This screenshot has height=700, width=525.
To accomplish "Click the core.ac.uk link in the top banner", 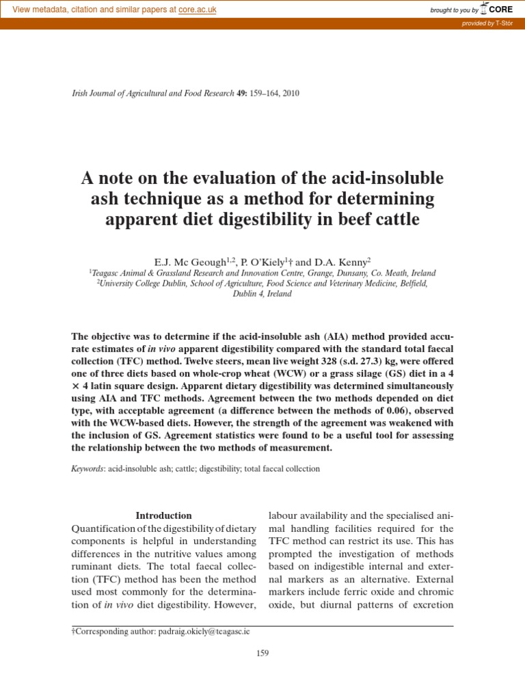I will [197, 10].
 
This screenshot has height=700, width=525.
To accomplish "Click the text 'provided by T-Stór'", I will [488, 24].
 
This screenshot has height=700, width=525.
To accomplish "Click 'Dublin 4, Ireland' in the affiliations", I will [262, 294].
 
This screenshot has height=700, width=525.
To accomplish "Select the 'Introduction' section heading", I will [163, 515].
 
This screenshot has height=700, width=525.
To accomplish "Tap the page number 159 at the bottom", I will [262, 653].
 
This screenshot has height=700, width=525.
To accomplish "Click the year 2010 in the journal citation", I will [290, 93].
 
